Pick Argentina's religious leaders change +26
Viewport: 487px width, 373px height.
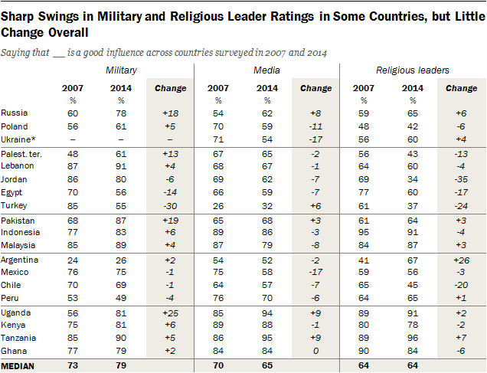461,260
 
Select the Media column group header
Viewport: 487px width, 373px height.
266,70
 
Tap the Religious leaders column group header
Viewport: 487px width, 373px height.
413,70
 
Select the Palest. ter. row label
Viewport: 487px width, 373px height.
25,155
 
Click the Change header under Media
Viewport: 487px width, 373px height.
315,88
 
